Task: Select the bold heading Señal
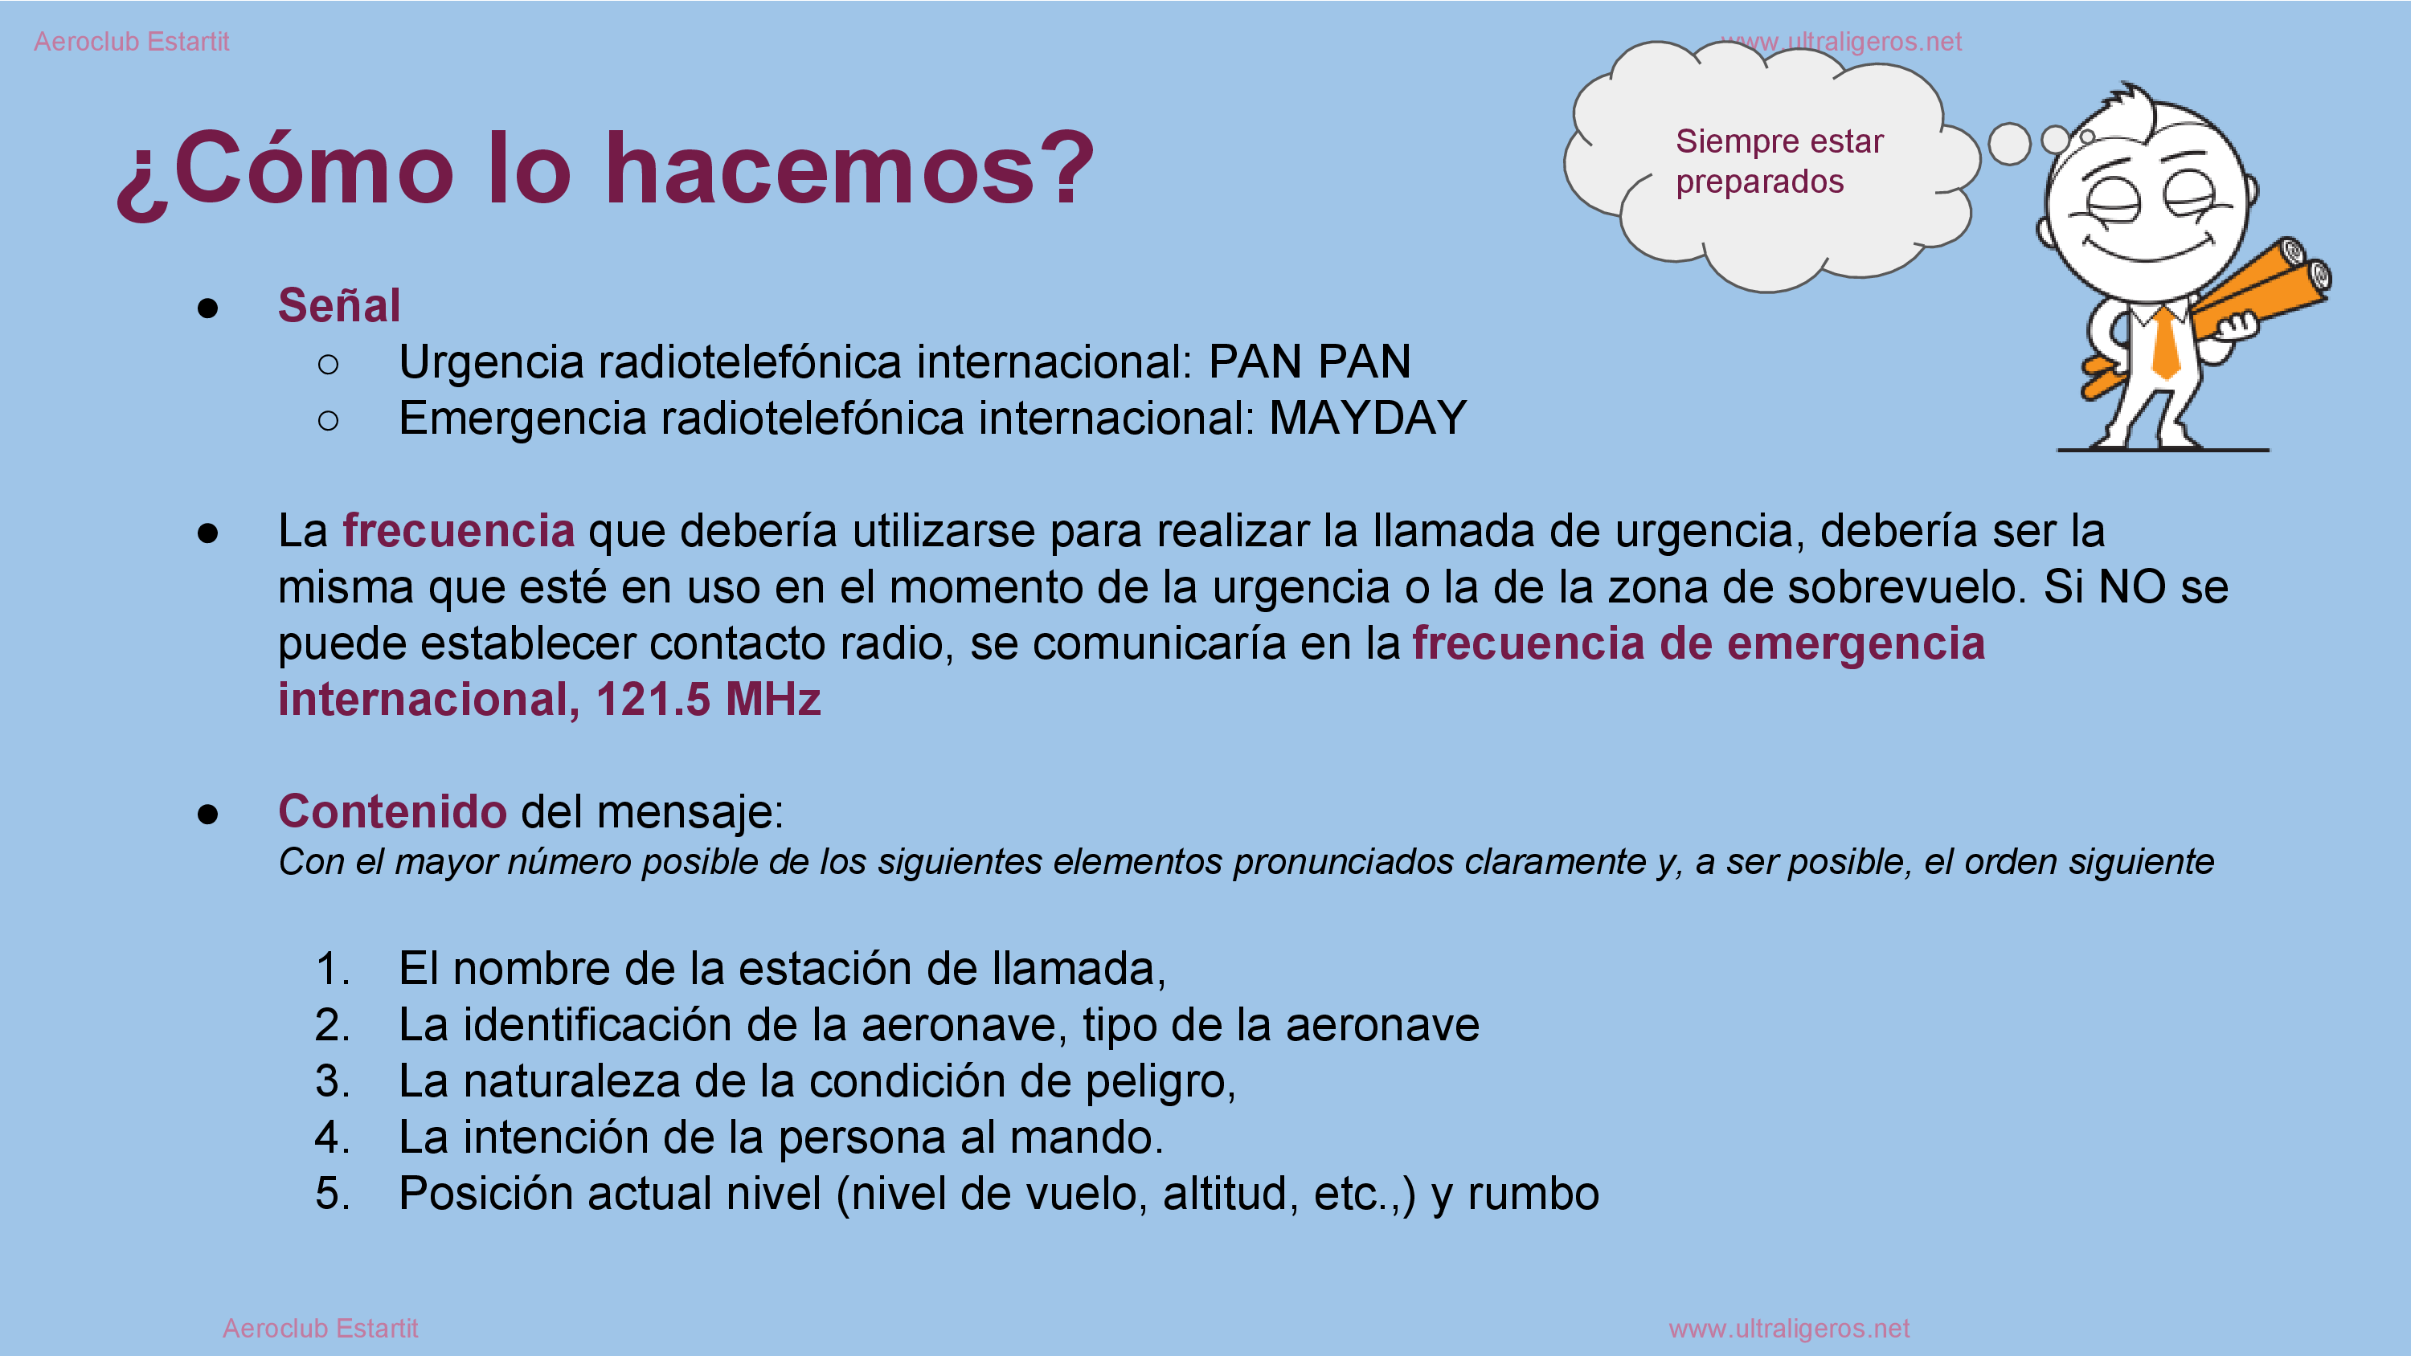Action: pyautogui.click(x=339, y=305)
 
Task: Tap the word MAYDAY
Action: pyautogui.click(x=1367, y=418)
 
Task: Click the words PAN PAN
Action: pyautogui.click(x=1309, y=361)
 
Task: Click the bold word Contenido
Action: pyautogui.click(x=392, y=811)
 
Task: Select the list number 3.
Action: pyautogui.click(x=332, y=1081)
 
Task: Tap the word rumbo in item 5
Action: pyautogui.click(x=1533, y=1193)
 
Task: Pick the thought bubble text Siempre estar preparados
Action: pyautogui.click(x=1779, y=161)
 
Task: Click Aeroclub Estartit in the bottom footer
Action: pyautogui.click(x=320, y=1328)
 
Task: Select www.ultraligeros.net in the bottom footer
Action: pyautogui.click(x=1789, y=1328)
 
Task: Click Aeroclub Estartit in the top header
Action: pyautogui.click(x=131, y=41)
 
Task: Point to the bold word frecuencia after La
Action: pyautogui.click(x=459, y=531)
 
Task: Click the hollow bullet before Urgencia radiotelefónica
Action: pyautogui.click(x=328, y=364)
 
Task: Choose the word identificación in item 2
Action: pyautogui.click(x=597, y=1025)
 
